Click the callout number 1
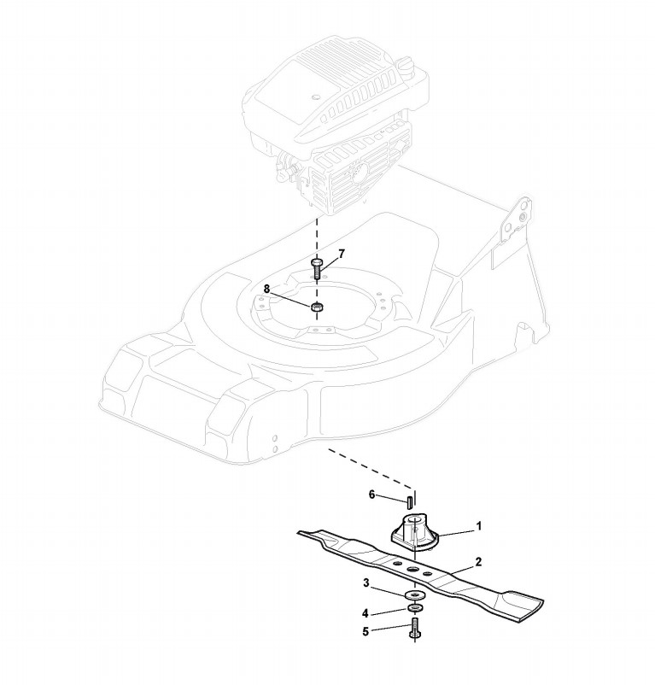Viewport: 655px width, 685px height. tap(479, 527)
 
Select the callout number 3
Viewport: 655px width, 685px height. tap(366, 583)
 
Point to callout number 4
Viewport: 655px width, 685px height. tap(366, 612)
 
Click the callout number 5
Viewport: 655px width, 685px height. tap(366, 632)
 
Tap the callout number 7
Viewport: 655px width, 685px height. tap(341, 254)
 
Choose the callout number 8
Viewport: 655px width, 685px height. tap(267, 290)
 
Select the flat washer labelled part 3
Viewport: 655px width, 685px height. tap(416, 594)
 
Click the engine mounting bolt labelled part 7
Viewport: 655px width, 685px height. tap(316, 269)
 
